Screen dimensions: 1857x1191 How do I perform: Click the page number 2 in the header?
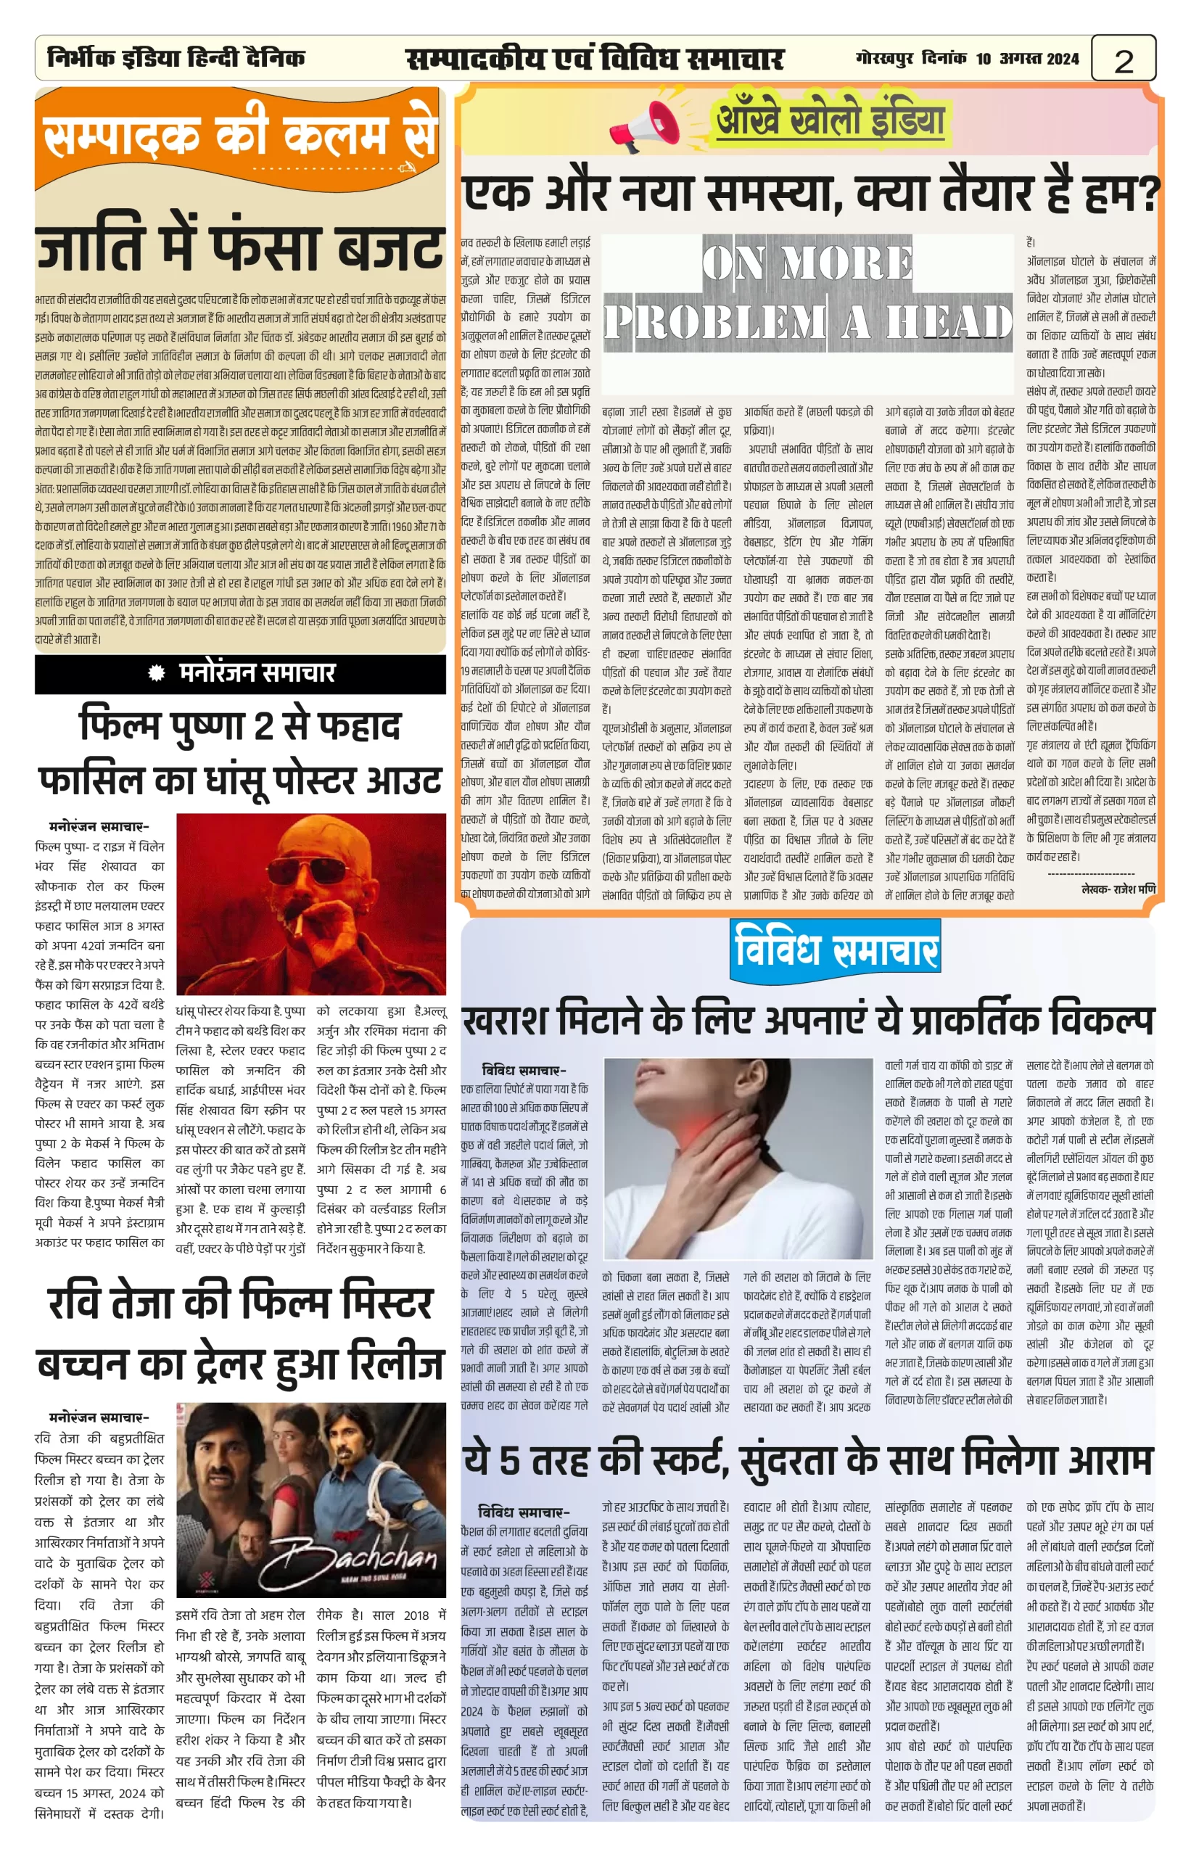(1124, 60)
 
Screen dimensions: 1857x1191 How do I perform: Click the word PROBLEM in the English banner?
(714, 322)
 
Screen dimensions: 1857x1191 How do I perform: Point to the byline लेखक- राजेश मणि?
(1118, 889)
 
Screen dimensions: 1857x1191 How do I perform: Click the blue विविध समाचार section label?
(836, 949)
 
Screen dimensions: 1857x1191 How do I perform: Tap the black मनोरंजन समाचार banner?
(241, 673)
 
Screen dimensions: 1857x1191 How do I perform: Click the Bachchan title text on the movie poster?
(360, 1560)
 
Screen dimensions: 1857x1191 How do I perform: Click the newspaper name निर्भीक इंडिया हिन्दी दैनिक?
(176, 58)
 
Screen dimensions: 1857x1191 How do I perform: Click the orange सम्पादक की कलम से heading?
(241, 136)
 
